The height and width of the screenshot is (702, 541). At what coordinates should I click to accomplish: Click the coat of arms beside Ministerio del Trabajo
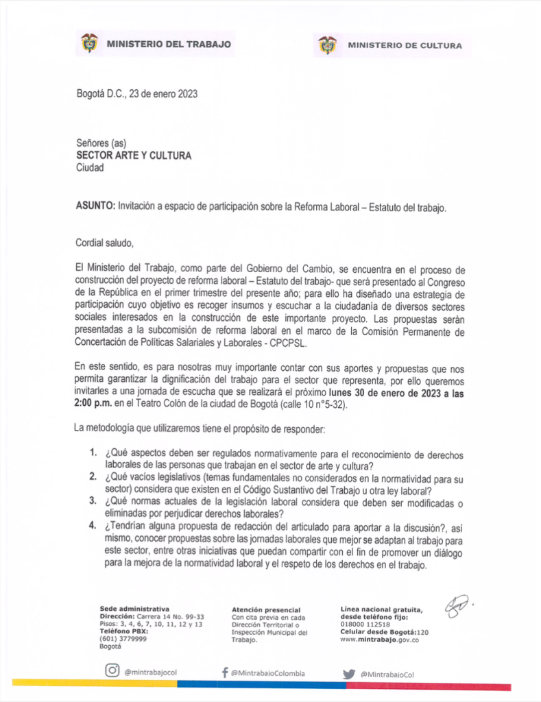(x=89, y=44)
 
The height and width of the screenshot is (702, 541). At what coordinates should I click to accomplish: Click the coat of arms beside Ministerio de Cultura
(x=328, y=45)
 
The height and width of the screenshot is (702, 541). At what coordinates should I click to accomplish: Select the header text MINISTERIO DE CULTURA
(x=405, y=46)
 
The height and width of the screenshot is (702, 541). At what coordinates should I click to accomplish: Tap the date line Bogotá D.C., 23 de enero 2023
(x=137, y=94)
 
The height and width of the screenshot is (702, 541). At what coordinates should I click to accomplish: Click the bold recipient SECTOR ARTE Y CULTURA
(x=134, y=156)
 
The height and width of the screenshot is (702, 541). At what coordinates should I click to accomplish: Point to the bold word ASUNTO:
(x=95, y=206)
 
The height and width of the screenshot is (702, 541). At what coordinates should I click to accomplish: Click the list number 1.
(x=93, y=455)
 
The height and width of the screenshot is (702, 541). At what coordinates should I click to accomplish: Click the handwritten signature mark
(x=457, y=606)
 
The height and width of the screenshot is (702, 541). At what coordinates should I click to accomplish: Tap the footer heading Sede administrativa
(x=134, y=608)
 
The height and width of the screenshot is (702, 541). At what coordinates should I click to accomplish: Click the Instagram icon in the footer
(x=112, y=671)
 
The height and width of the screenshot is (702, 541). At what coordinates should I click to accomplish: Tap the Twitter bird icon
(x=349, y=673)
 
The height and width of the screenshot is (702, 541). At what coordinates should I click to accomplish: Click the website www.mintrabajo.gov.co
(x=379, y=640)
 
